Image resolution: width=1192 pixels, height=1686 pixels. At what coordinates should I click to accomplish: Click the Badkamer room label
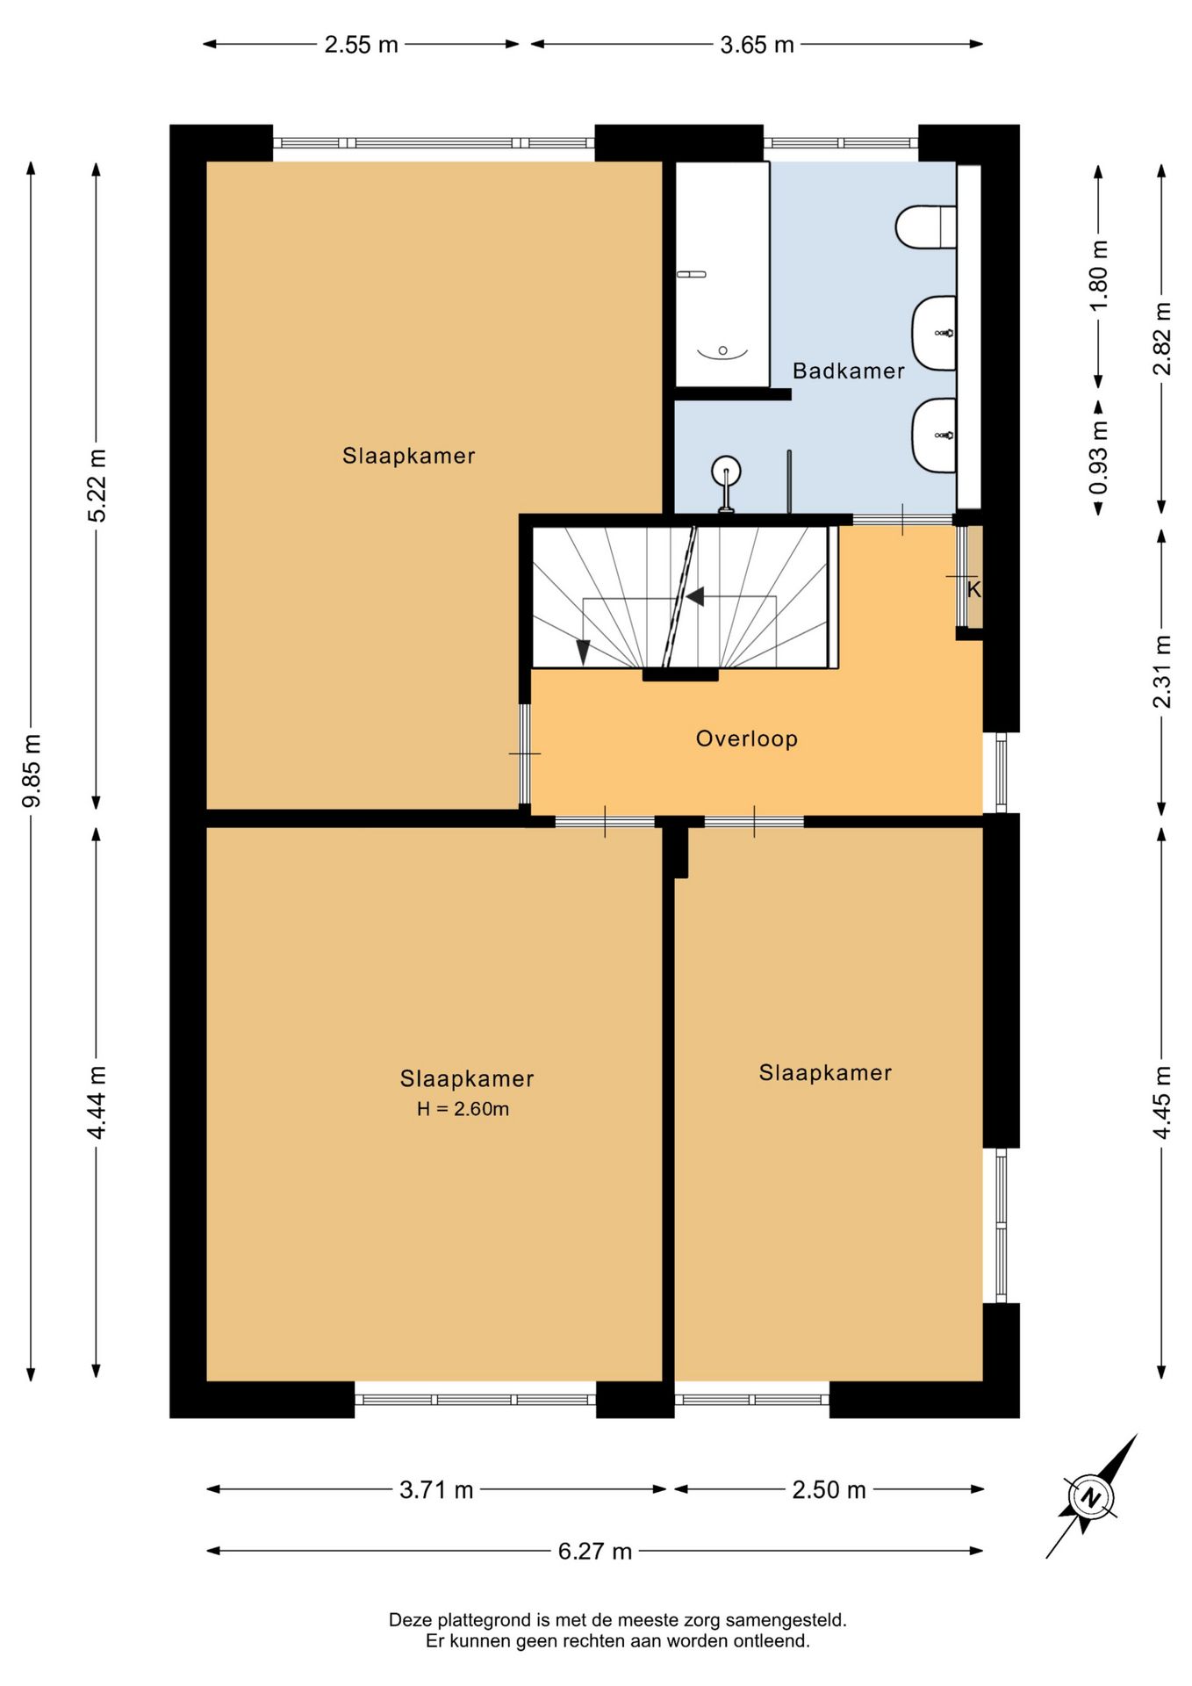(848, 371)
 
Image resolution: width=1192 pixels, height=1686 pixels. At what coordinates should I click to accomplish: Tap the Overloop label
(747, 739)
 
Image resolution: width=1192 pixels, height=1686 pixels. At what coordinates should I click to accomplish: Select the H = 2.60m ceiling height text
(463, 1109)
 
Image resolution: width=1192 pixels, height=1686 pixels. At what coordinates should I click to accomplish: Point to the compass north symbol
(1089, 1496)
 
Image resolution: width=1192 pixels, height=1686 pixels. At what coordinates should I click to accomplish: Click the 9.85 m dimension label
(32, 770)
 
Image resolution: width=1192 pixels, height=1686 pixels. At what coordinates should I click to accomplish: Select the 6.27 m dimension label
(595, 1552)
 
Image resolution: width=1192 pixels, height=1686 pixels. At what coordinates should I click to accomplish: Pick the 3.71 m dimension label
(436, 1490)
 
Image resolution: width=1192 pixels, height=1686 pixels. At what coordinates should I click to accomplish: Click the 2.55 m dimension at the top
(361, 45)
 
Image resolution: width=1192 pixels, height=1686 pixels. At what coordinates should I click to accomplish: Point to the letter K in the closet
(973, 590)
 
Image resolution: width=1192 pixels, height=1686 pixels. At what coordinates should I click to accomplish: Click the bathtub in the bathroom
(722, 274)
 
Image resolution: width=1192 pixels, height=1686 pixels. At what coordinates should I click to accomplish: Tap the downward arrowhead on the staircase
(582, 652)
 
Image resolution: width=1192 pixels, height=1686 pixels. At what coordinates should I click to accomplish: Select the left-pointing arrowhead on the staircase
(695, 597)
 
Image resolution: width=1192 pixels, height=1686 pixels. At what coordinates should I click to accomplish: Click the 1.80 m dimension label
(1099, 275)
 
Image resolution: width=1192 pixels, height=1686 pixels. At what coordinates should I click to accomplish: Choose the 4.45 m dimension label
(1162, 1103)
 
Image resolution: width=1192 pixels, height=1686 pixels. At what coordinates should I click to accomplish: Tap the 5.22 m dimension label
(97, 486)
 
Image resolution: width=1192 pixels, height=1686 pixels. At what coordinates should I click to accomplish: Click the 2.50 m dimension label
(829, 1490)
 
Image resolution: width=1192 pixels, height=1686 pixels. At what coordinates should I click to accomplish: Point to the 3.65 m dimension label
(757, 45)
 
